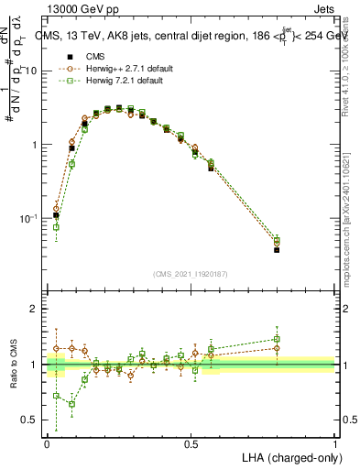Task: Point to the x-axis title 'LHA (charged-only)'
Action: tap(287, 456)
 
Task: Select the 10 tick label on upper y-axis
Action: tap(31, 71)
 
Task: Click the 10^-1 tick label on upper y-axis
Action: tap(27, 219)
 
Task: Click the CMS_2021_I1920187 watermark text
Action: tap(191, 273)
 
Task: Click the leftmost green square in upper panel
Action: tap(56, 227)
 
